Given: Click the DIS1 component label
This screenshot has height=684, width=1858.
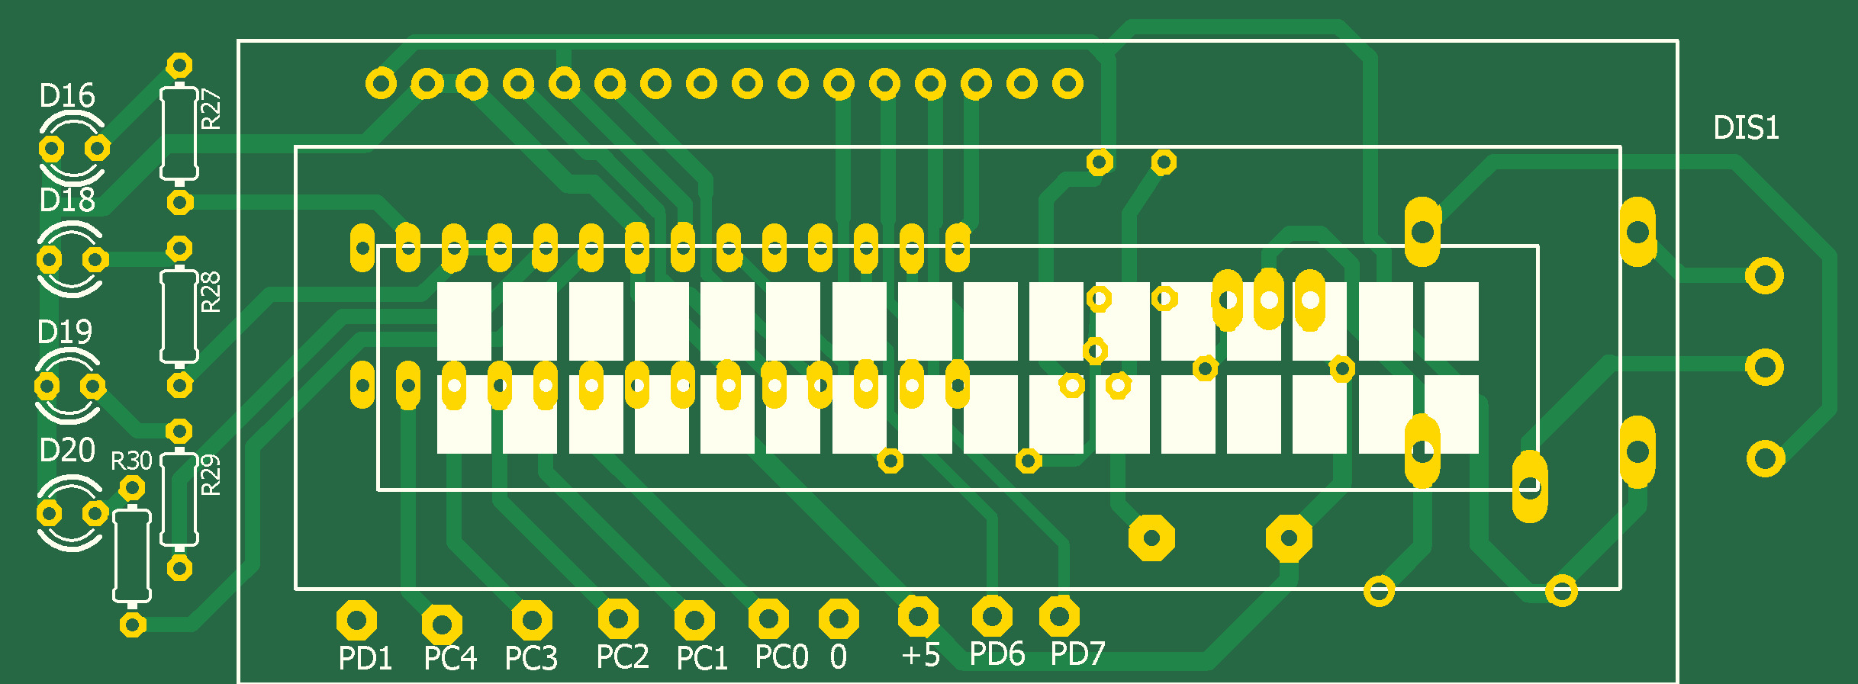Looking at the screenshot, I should coord(1746,128).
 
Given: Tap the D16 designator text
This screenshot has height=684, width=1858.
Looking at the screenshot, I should coord(67,96).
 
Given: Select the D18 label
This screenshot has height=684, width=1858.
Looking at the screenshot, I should coord(67,201).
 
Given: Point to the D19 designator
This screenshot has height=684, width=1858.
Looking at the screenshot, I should coord(65,332).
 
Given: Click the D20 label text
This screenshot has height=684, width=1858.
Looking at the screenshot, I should coord(67,451).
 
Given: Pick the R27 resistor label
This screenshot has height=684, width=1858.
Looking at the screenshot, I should coord(211,110).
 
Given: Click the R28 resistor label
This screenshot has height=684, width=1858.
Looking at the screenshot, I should coord(211,292).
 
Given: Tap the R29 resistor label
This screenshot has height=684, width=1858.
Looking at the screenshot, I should coord(211,475).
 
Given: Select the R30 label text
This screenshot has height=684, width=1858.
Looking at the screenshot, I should coord(131,461).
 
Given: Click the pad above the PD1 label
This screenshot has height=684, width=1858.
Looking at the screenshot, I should coord(356,621).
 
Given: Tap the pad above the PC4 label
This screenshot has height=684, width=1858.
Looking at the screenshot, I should coord(442,625).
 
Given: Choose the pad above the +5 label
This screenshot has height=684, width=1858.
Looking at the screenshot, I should coord(918,616).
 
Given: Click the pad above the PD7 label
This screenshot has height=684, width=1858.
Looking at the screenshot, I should coord(1059,616).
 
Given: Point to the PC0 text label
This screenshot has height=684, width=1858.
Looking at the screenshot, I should coord(781,657).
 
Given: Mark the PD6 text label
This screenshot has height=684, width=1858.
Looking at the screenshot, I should coord(997,654).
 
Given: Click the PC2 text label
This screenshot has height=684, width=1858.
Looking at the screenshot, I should coord(623,657).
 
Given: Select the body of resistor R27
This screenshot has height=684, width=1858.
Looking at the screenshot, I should coord(179,133).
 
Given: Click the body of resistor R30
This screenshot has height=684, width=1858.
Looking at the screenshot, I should coord(132,555).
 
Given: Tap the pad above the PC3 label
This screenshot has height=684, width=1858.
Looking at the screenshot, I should coord(532,621).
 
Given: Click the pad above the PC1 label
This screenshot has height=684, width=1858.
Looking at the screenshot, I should coord(694,621).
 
